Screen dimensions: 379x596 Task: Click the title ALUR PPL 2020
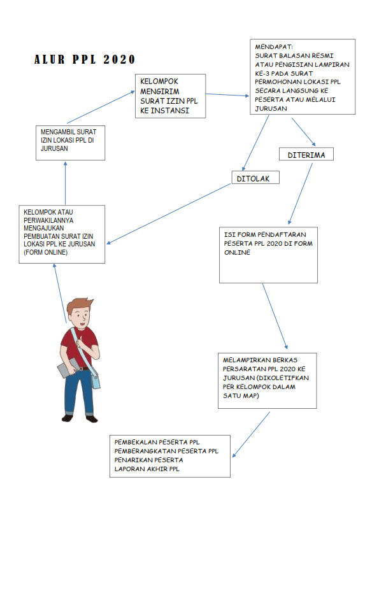coord(84,59)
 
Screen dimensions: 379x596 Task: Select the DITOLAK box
coord(255,178)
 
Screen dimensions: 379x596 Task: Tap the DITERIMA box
coord(306,154)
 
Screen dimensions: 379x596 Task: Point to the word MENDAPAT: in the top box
coord(274,46)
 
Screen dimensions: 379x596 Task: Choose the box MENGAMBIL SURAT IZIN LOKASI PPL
coord(70,143)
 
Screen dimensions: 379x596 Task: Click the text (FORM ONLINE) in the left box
coord(46,252)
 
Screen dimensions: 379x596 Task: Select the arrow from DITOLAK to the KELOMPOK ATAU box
coord(169,213)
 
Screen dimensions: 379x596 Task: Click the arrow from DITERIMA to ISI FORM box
coord(300,194)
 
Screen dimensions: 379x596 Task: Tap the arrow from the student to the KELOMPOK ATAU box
coord(60,293)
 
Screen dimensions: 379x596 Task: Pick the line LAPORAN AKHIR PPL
coord(147,469)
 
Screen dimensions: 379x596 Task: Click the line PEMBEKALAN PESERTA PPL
coord(157,442)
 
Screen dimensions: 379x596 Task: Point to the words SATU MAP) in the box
coord(241,395)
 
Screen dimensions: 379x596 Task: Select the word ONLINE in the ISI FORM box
coord(237,252)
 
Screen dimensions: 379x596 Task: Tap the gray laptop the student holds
coord(68,367)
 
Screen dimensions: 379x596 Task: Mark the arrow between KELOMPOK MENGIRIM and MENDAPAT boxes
coord(227,95)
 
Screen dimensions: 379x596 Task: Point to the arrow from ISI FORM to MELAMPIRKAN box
coord(275,316)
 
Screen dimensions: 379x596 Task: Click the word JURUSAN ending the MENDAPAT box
coord(271,108)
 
